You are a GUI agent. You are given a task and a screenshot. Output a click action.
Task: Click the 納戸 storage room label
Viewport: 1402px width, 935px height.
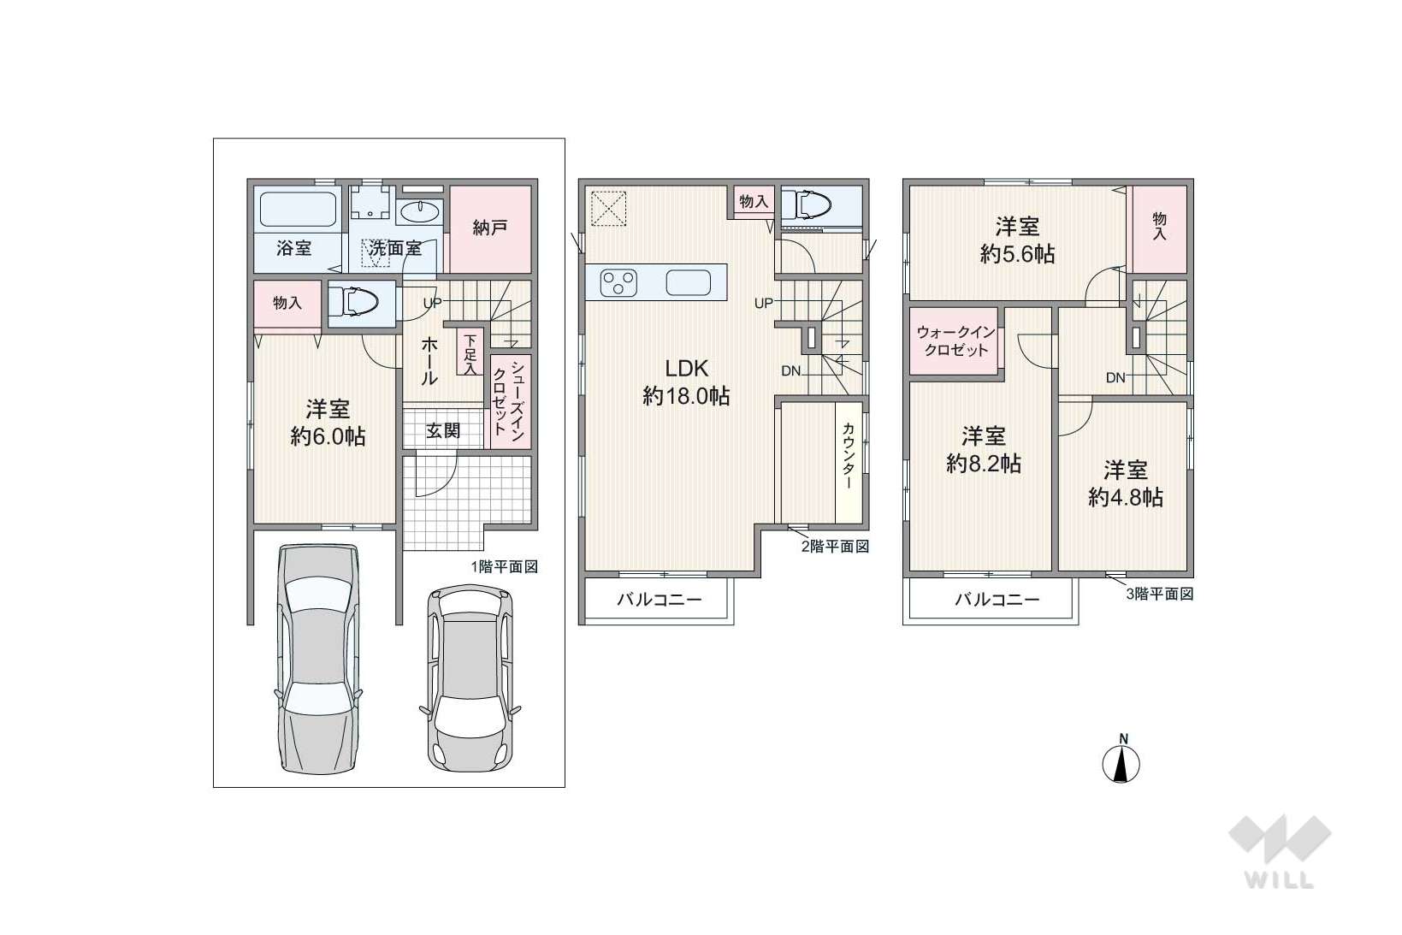point(489,228)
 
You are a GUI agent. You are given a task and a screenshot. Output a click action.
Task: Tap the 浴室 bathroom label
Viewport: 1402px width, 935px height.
point(293,248)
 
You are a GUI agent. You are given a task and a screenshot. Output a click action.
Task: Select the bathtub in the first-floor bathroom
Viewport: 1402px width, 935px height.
point(298,209)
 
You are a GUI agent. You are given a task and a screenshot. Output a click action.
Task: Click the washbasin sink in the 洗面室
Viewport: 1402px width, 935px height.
point(419,212)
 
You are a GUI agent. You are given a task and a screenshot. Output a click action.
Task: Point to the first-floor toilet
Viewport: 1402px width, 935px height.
point(353,303)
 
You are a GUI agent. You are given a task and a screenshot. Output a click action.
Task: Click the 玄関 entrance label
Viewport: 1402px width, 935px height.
point(443,430)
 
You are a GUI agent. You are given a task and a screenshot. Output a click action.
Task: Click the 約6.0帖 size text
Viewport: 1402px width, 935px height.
point(328,436)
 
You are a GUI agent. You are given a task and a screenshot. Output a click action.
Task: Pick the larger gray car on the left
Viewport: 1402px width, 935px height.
point(318,659)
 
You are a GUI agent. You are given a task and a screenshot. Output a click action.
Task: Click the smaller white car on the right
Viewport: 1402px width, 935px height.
point(470,678)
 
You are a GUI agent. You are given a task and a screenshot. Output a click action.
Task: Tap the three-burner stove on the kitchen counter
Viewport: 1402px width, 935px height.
point(618,282)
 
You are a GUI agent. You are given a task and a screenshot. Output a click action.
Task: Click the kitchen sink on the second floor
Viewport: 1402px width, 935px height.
point(689,282)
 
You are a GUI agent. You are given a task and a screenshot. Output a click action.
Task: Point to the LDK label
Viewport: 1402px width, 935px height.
point(687,369)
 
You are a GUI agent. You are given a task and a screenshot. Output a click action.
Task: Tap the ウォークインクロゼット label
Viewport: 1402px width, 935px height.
point(955,341)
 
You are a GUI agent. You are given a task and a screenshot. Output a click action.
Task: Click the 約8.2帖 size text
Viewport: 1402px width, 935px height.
point(984,464)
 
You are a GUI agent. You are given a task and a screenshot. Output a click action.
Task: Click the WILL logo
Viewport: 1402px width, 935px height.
point(1280,851)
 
